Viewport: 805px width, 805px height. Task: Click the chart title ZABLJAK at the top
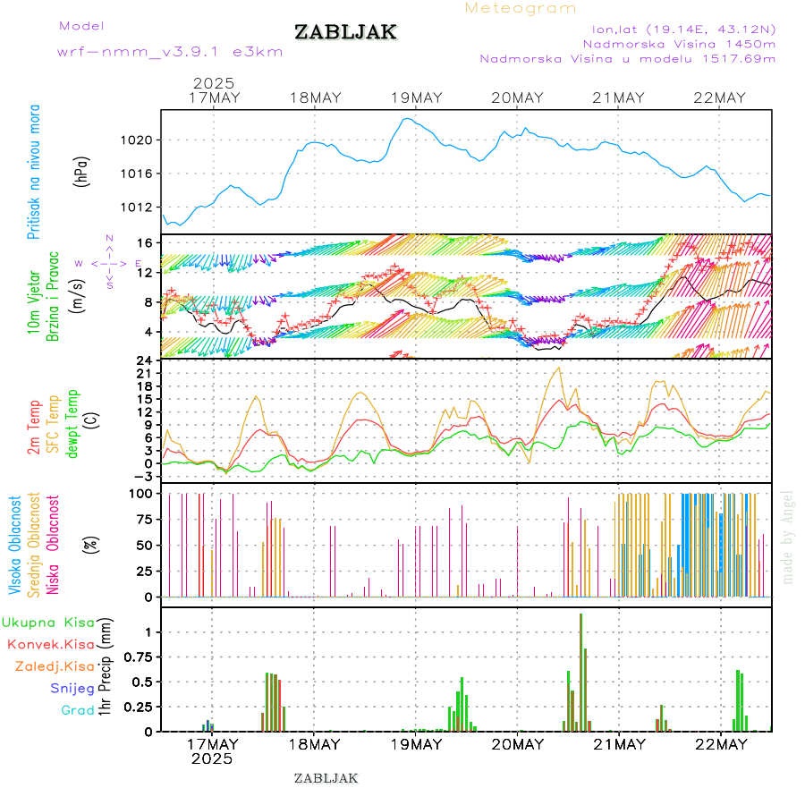345,33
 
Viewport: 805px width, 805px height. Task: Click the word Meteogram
521,8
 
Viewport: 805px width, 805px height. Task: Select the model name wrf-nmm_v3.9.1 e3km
169,51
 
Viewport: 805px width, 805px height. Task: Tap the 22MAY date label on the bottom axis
720,744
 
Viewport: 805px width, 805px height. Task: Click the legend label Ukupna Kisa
46,622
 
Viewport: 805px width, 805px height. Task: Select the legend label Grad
77,710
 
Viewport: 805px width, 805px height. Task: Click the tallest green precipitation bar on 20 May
580,671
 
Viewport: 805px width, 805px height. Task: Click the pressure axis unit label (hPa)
81,170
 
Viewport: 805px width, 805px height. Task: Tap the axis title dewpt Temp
73,422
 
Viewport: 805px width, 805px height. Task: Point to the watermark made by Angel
787,537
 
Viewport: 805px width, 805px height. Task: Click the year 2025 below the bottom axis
212,758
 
